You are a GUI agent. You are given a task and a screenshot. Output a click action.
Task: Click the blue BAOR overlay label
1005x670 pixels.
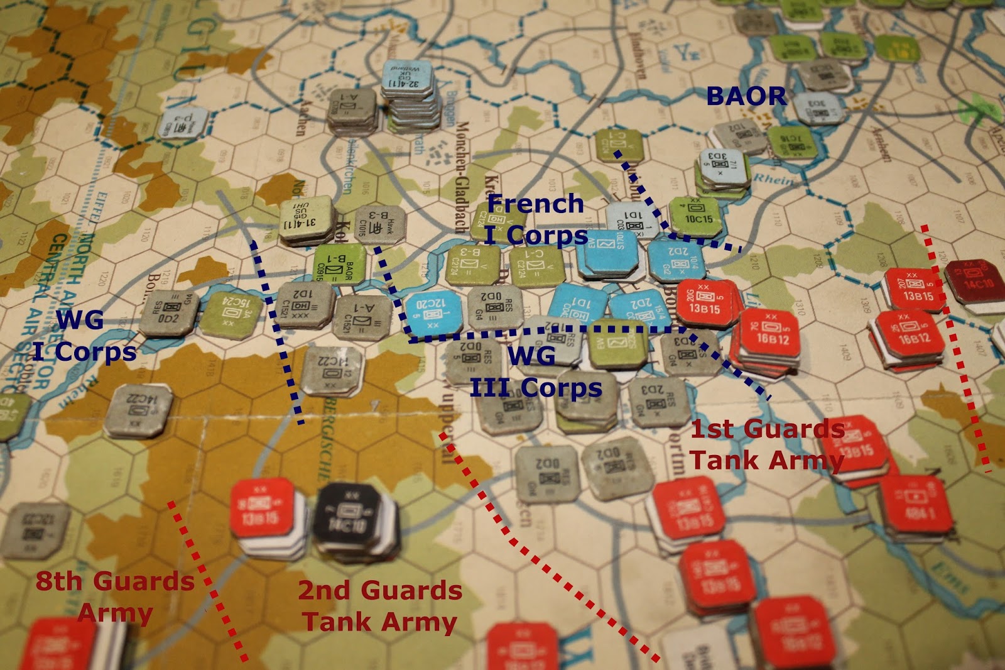pyautogui.click(x=746, y=96)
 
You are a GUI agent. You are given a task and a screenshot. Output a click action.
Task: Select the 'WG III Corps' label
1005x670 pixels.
pyautogui.click(x=535, y=371)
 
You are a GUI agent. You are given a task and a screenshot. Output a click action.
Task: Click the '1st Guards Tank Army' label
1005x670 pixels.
pyautogui.click(x=767, y=444)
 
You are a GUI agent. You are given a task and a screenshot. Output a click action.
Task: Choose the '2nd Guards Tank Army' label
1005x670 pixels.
pyautogui.click(x=380, y=606)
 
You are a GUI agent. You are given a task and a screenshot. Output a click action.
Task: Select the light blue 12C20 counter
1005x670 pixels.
pyautogui.click(x=433, y=312)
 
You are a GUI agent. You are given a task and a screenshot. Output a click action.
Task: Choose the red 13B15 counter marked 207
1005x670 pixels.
pyautogui.click(x=915, y=290)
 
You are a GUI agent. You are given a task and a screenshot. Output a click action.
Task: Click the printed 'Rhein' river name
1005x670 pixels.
pyautogui.click(x=771, y=179)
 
